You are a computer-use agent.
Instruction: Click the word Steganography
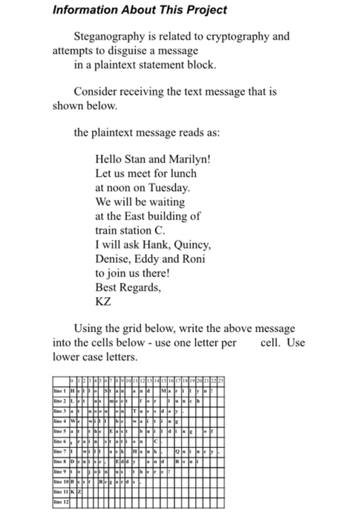[x=111, y=36]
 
